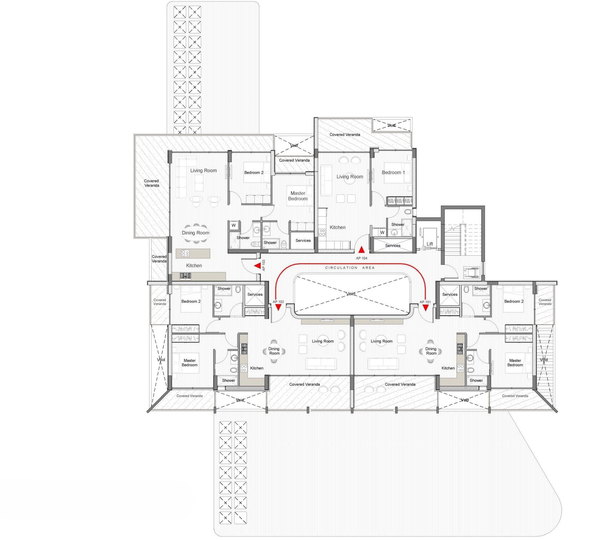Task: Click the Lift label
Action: pos(430,244)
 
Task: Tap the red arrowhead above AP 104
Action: pos(361,250)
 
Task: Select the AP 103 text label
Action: pos(264,265)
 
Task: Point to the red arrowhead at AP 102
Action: pos(278,307)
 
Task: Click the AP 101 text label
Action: pos(425,302)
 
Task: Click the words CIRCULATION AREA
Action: pos(350,268)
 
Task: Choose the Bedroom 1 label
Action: pos(393,172)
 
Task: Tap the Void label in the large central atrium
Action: pos(351,294)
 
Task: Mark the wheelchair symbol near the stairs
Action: pos(471,273)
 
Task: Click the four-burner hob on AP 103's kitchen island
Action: pos(185,253)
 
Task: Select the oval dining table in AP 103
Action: pos(195,233)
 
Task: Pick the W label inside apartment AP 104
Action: pos(382,232)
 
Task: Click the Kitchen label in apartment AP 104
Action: pos(337,227)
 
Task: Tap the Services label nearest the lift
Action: pos(393,245)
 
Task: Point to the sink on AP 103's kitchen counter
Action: pos(185,276)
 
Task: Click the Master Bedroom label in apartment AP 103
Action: pos(298,196)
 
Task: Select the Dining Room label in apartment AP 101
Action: pos(431,351)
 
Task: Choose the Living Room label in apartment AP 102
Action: pos(323,341)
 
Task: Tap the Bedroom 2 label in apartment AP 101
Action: pos(514,301)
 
